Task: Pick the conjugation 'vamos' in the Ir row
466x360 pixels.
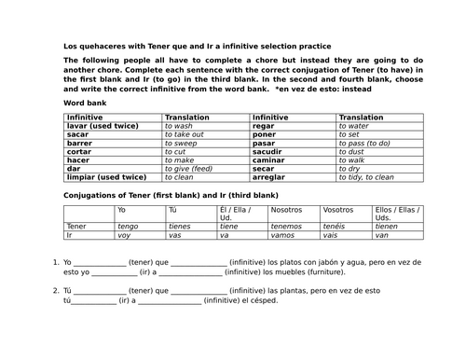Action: (x=283, y=235)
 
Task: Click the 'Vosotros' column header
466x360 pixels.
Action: (x=339, y=210)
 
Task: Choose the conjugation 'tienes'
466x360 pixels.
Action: (x=179, y=226)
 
